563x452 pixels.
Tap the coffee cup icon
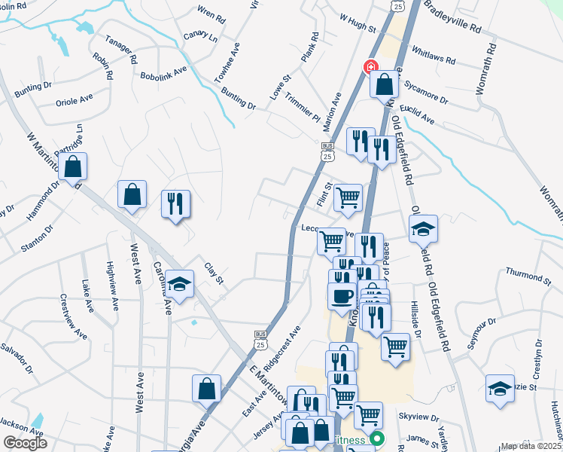click(342, 295)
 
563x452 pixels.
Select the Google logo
click(25, 443)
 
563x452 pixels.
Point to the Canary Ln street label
click(202, 36)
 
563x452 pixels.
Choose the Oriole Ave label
click(75, 99)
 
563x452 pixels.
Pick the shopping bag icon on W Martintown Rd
click(74, 167)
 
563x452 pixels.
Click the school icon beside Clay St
click(179, 284)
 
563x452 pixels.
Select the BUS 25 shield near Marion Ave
click(327, 152)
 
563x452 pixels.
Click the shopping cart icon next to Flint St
click(348, 197)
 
